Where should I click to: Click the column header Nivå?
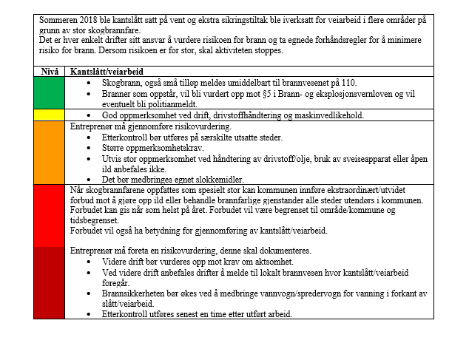(47, 71)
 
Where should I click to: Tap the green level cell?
(50, 92)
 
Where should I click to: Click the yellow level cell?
(50, 115)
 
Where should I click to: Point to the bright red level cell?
(50, 215)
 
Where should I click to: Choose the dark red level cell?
(50, 282)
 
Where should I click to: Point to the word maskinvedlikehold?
(328, 116)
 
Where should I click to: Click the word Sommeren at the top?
(61, 21)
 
